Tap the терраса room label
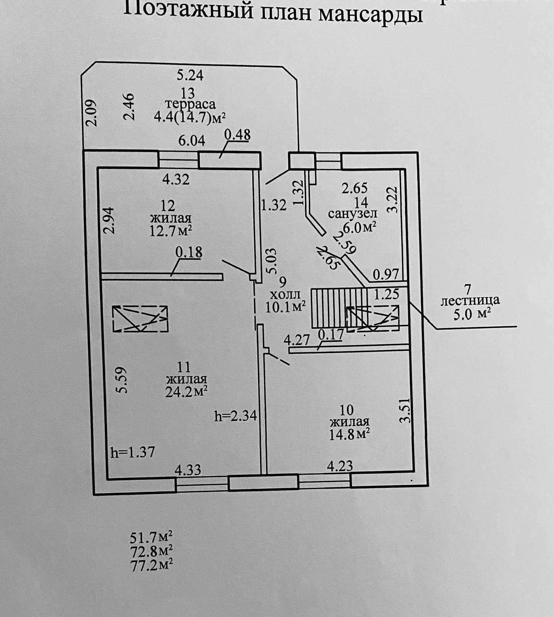click(x=190, y=104)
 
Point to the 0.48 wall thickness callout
click(x=237, y=135)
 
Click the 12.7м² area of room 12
click(x=171, y=231)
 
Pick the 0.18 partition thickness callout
click(x=189, y=252)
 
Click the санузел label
click(x=353, y=213)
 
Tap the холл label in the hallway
click(x=285, y=295)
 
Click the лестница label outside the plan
click(x=470, y=300)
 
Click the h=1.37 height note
click(x=132, y=452)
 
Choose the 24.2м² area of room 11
click(x=187, y=391)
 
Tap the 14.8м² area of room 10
click(x=350, y=434)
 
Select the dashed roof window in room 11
click(x=140, y=319)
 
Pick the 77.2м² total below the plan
click(x=151, y=565)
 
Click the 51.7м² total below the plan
click(x=151, y=537)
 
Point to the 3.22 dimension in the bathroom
click(x=393, y=199)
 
